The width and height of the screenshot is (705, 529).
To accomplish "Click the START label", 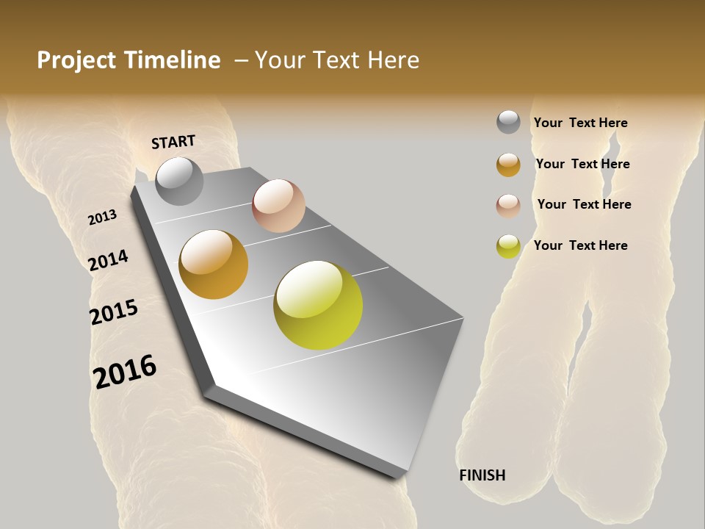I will (x=173, y=142).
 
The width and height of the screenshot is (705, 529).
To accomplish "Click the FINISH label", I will (x=482, y=475).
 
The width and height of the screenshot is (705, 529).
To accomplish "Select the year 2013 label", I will (x=102, y=217).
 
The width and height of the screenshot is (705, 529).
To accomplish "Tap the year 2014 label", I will (x=108, y=260).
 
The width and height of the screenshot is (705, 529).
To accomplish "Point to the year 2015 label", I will (x=114, y=312).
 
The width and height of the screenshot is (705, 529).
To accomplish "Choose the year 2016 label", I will (x=125, y=372).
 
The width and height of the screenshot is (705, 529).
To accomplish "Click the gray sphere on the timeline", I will (x=179, y=181).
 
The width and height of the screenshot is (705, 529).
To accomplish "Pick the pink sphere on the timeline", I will (x=278, y=206).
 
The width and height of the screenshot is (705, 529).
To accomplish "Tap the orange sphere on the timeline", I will (x=214, y=264).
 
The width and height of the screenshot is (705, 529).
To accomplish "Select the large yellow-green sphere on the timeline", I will (x=318, y=305).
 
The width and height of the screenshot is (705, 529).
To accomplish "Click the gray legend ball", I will (x=508, y=122).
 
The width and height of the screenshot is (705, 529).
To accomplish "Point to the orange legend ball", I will (x=508, y=165).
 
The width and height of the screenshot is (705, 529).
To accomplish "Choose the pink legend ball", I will (x=508, y=206).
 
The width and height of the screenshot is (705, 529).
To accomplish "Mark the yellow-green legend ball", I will (x=508, y=246).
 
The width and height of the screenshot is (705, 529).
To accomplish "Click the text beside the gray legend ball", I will (x=580, y=123).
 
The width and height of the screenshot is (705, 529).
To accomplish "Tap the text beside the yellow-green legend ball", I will (x=580, y=245).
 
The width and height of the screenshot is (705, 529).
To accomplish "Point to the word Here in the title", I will (x=394, y=60).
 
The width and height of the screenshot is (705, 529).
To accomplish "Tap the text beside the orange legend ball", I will (x=582, y=164).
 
